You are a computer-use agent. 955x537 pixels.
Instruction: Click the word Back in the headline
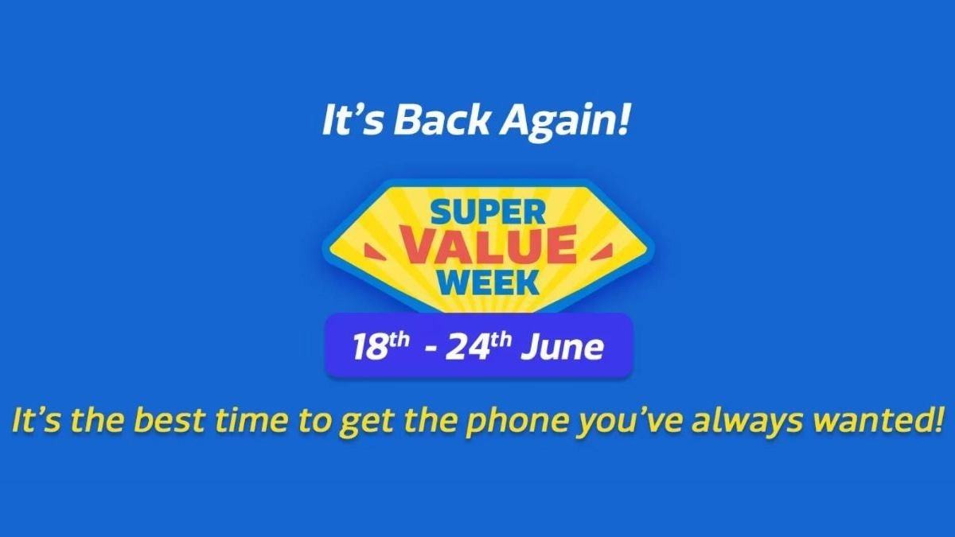(440, 120)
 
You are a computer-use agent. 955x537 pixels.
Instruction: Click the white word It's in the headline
(351, 120)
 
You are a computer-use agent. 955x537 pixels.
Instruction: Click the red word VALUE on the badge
(488, 247)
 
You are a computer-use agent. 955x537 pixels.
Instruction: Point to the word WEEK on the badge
(488, 282)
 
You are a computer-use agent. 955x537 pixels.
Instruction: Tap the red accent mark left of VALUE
(377, 252)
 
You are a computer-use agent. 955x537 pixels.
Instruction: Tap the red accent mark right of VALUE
(600, 252)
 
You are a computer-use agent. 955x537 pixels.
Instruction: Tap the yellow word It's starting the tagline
(37, 419)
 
